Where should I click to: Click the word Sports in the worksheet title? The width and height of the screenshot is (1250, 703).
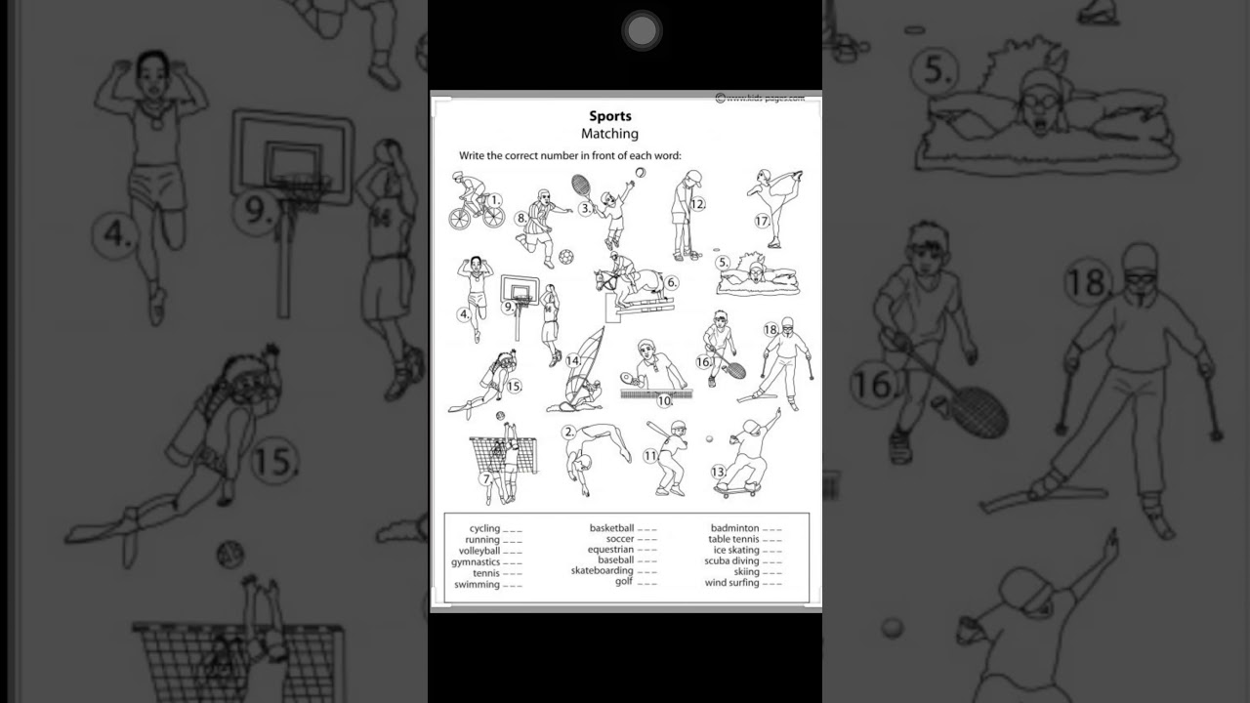click(x=609, y=116)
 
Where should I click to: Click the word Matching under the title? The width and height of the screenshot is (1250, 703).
click(x=609, y=134)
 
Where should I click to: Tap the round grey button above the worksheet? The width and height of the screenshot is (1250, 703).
click(x=642, y=31)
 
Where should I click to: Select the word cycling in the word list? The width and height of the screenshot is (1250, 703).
click(x=484, y=528)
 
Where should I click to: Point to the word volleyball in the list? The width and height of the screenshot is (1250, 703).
click(x=479, y=551)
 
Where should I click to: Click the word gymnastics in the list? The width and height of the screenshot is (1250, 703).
click(x=476, y=562)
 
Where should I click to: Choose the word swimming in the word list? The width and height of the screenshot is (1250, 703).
click(x=478, y=585)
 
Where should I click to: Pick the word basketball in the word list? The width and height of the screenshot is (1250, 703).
click(x=611, y=528)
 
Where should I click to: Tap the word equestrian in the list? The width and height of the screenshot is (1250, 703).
click(x=610, y=550)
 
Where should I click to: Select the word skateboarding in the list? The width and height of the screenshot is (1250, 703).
click(x=603, y=571)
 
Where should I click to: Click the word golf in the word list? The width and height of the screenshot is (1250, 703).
click(x=623, y=582)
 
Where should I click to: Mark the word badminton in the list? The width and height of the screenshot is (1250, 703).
click(x=734, y=528)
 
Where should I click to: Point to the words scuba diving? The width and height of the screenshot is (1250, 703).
click(x=731, y=561)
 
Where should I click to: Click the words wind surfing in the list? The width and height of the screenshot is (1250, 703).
click(x=731, y=584)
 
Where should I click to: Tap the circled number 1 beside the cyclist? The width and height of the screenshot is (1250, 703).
click(x=494, y=200)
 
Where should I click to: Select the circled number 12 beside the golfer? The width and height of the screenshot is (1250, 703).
click(x=697, y=204)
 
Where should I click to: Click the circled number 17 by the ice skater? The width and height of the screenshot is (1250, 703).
click(x=762, y=222)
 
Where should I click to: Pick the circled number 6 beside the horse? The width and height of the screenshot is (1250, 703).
click(x=672, y=283)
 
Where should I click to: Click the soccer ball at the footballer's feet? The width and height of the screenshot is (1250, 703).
click(x=565, y=257)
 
